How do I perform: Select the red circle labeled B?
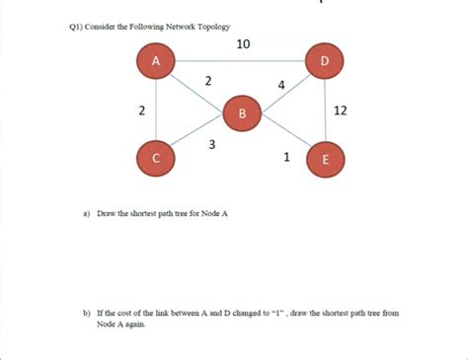pyautogui.click(x=240, y=113)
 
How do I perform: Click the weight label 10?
pyautogui.click(x=244, y=43)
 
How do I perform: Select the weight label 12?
pyautogui.click(x=341, y=110)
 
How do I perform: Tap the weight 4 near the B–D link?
pyautogui.click(x=282, y=85)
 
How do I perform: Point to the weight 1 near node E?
pyautogui.click(x=286, y=156)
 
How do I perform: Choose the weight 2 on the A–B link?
pyautogui.click(x=208, y=81)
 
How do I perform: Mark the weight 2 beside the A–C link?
pyautogui.click(x=143, y=109)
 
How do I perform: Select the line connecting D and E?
pyautogui.click(x=327, y=110)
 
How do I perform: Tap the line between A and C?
pyautogui.click(x=155, y=109)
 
